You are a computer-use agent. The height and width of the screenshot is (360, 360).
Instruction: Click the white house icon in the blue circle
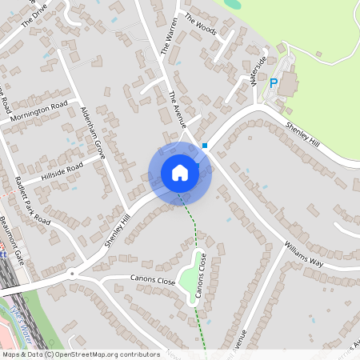pos(180,173)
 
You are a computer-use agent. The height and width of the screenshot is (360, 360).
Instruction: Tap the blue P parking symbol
pos(274,82)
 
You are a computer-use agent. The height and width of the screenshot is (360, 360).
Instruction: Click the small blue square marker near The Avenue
pos(206,146)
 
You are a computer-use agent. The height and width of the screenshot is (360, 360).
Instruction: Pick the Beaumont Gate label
pos(13,239)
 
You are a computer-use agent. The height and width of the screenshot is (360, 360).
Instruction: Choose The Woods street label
pos(200,25)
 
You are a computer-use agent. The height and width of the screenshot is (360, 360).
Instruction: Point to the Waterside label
pos(257,71)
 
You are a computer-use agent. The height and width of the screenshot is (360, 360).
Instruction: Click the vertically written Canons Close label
pos(202,277)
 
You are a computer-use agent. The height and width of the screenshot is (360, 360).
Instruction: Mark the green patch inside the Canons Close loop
pos(190,279)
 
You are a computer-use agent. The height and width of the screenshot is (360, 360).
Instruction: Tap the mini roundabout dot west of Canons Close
pos(73,273)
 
